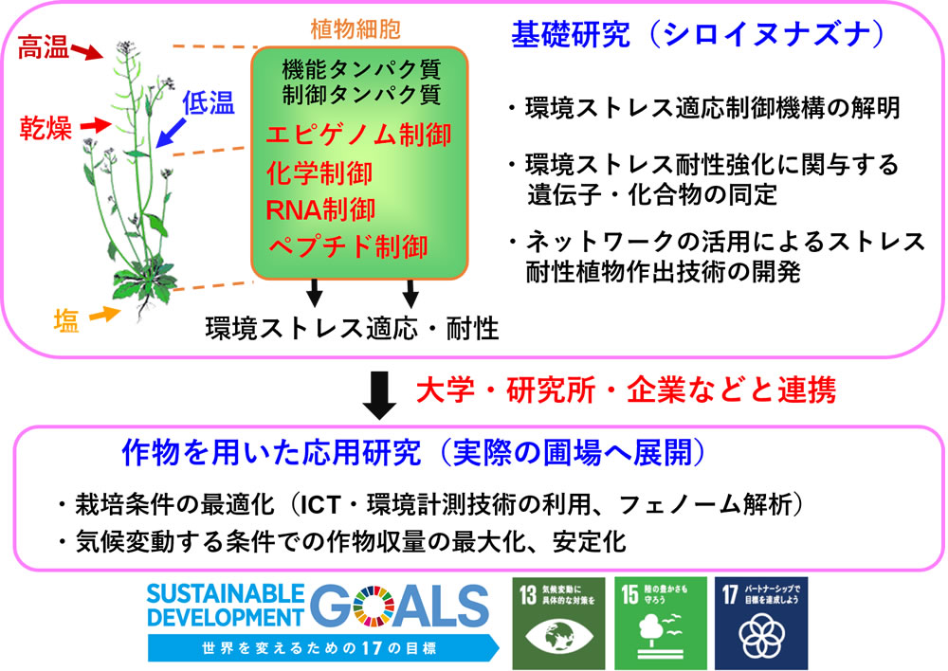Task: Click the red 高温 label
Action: [x=43, y=47]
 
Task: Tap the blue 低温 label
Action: [x=208, y=102]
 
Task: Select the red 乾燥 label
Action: [x=46, y=128]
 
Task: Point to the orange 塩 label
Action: [x=66, y=320]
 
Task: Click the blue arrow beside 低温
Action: [x=171, y=133]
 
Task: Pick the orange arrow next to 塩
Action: [x=104, y=315]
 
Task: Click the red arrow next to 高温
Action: [x=87, y=51]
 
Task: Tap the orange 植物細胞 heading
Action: [x=355, y=29]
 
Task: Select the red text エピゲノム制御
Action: [x=358, y=135]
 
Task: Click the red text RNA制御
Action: [x=320, y=210]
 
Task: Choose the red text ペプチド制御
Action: [x=348, y=247]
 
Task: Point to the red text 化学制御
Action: [x=319, y=173]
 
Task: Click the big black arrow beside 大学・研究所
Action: [x=380, y=395]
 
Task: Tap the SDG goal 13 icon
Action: [x=558, y=624]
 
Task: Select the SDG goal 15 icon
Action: [x=661, y=624]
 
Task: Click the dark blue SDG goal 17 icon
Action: [x=761, y=624]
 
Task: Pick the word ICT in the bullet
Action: [x=321, y=505]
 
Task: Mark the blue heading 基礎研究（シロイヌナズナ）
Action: [x=699, y=34]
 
